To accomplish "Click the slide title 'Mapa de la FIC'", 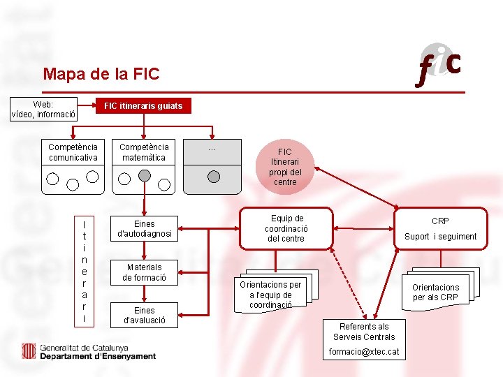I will tap(101, 73).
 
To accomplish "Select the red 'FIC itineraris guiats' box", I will tap(143, 106).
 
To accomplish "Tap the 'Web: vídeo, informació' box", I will tap(43, 110).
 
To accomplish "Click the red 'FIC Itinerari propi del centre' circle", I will tap(285, 167).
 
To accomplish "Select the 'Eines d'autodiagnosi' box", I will tap(144, 229).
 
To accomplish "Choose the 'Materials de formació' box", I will tap(144, 272).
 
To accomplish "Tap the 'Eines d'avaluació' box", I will tap(144, 316).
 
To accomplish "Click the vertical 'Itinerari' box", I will tap(84, 272).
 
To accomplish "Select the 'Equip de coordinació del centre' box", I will tap(286, 228).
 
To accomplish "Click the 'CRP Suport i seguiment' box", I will tap(440, 228).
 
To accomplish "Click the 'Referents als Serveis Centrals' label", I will tap(364, 332).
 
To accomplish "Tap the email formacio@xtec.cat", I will tap(364, 352).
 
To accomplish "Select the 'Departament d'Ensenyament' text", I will tap(98, 356).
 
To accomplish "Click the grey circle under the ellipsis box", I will tap(214, 177).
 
